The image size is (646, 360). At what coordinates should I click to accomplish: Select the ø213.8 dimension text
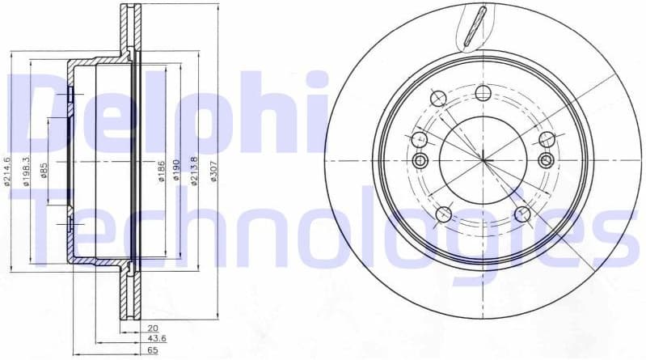[194, 171]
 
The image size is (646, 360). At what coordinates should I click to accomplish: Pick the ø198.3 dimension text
[26, 171]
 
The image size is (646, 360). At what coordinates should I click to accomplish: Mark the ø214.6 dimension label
[6, 171]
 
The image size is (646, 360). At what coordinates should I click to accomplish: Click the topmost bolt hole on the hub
[483, 92]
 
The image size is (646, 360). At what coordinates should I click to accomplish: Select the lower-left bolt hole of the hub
[444, 214]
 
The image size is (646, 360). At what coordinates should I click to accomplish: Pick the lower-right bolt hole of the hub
[522, 214]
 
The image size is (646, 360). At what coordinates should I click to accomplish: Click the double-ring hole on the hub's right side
[547, 160]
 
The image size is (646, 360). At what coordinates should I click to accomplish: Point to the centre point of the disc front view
[483, 159]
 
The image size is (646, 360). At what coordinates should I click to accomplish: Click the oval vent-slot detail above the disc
[479, 24]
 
